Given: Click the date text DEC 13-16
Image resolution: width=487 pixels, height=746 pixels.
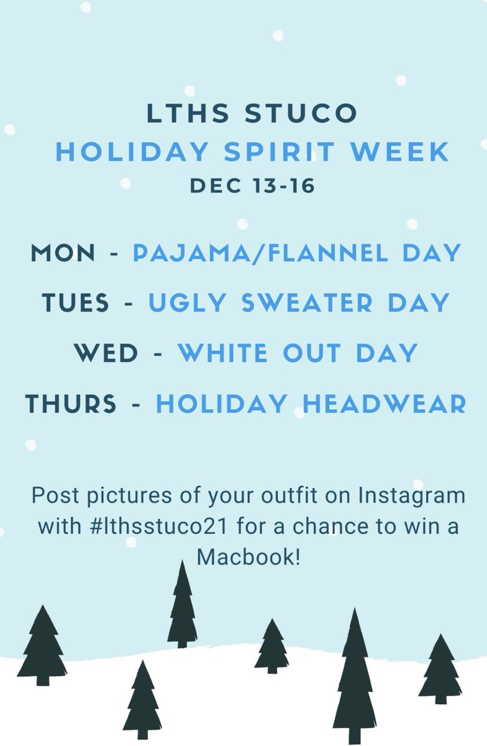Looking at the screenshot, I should pos(252,185).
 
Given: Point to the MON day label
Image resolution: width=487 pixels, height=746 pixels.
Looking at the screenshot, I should pos(63,253).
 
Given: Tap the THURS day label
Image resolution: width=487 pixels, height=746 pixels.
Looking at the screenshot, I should pos(71,404).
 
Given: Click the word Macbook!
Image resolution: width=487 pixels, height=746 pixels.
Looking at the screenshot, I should pos(248,556).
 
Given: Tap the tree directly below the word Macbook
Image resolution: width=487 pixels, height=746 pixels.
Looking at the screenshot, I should pos(271,647).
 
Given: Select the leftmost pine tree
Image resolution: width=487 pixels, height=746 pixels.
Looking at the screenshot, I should pos(42,647).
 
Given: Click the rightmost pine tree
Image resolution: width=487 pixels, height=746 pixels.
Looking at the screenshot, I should pos(440,668).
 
